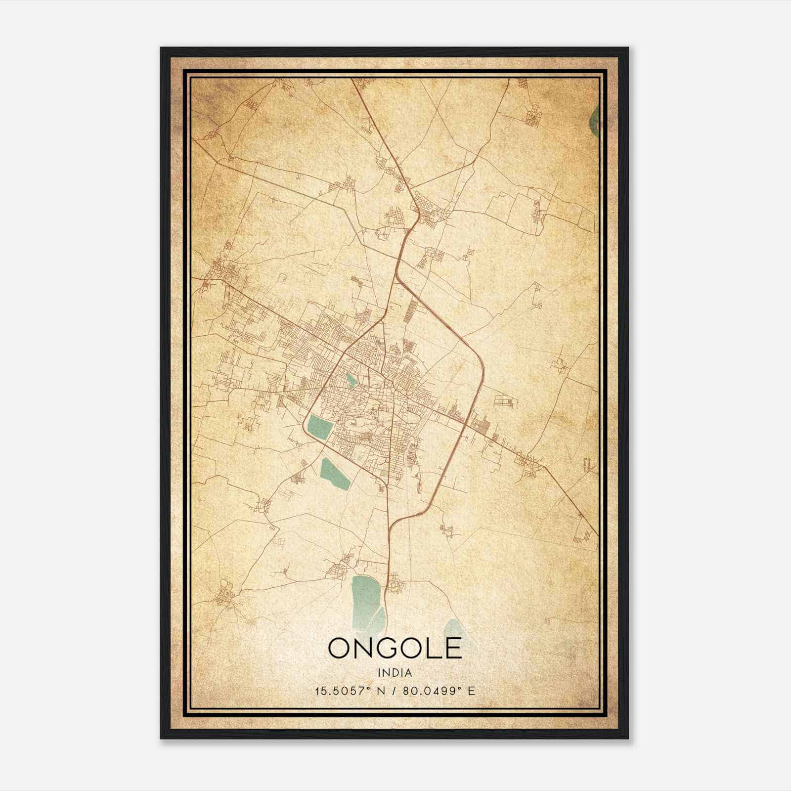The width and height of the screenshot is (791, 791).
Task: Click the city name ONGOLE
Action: pyautogui.click(x=395, y=649)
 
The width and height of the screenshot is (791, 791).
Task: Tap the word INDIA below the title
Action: pyautogui.click(x=395, y=673)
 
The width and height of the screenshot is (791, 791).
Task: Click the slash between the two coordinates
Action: pyautogui.click(x=394, y=691)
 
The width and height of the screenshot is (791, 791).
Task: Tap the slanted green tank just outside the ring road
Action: pyautogui.click(x=335, y=474)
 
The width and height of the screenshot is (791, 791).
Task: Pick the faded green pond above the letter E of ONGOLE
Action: pyautogui.click(x=453, y=628)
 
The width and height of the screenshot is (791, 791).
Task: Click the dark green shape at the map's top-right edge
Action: pyautogui.click(x=595, y=121)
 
